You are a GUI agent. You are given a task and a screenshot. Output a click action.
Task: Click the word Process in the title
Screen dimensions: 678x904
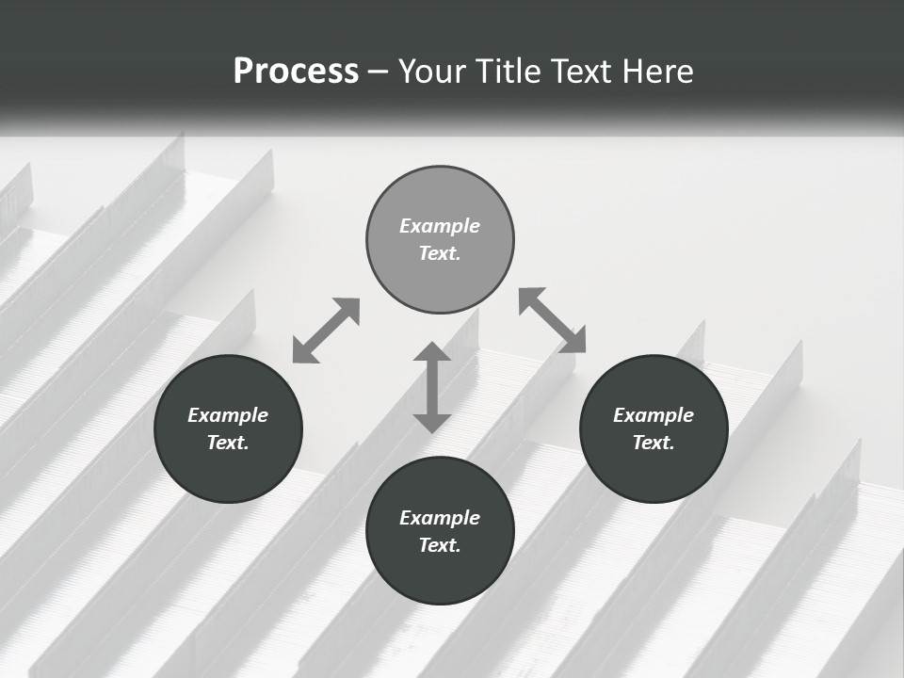pos(296,72)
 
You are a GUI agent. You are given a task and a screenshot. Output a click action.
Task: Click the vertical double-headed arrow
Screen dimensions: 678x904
pos(432,388)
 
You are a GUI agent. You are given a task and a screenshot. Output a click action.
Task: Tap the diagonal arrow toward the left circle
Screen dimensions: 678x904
pos(326,331)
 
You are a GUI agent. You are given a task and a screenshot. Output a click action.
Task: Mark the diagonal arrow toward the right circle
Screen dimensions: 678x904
pos(552,320)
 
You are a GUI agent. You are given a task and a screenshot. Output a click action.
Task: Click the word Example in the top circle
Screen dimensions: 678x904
pos(440,226)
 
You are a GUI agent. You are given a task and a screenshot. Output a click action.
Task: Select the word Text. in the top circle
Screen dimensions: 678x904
pos(440,253)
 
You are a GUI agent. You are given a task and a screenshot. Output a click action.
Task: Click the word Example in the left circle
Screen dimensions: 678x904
pos(228,415)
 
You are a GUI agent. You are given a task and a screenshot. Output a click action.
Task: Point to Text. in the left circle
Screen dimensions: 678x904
pos(228,443)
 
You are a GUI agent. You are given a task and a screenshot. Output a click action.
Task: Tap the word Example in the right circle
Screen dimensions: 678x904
pos(654,415)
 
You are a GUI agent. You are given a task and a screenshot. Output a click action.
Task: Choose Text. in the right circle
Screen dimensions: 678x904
pos(654,443)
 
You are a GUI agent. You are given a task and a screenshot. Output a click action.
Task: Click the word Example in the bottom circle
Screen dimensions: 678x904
pos(440,518)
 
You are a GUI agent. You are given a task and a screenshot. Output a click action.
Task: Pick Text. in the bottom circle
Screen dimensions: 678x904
pos(440,545)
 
